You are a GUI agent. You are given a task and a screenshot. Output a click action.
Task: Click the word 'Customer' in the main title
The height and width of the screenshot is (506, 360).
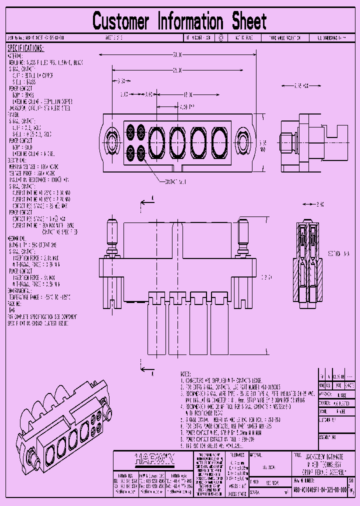click(120, 22)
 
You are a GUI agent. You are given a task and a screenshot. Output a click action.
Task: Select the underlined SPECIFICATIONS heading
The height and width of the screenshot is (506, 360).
click(25, 48)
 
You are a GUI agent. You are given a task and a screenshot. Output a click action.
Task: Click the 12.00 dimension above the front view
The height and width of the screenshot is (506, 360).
click(187, 94)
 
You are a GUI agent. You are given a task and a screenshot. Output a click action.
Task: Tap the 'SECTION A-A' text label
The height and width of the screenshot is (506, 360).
click(339, 254)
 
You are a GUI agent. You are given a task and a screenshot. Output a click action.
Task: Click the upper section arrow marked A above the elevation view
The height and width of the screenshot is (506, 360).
click(146, 200)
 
